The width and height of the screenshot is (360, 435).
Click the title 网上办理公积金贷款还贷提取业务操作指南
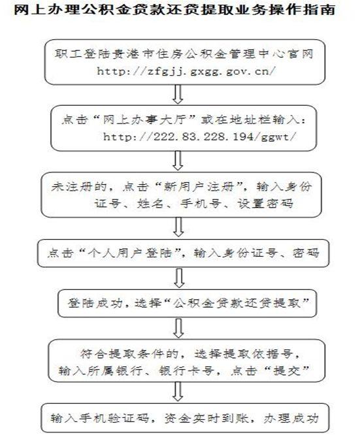pos(174,10)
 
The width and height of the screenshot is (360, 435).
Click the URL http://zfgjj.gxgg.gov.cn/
pos(186,71)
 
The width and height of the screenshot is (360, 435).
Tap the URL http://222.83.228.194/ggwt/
pos(199,137)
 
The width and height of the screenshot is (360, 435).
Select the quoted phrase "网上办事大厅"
pos(147,120)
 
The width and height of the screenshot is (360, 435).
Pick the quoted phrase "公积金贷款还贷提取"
pos(237,303)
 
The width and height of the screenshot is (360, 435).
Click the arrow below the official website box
pos(178,94)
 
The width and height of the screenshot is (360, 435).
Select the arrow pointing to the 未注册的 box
pos(178,161)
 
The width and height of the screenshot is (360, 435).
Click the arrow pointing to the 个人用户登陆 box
pos(178,227)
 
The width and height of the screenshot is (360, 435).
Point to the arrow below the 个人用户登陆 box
pos(179,278)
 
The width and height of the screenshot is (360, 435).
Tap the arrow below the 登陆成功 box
pos(178,328)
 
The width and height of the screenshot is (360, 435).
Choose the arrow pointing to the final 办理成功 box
pos(178,391)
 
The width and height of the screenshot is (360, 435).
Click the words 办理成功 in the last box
pos(291,419)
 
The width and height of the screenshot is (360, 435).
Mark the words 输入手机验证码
pos(100,419)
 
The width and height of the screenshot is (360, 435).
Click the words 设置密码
pos(265,204)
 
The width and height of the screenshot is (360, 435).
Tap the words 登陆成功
pos(95,303)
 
